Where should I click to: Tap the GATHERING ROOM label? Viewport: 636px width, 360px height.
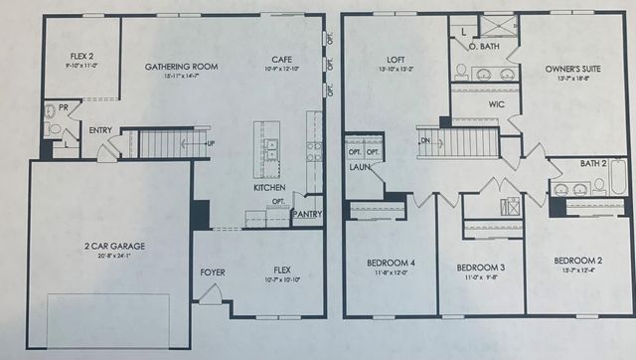pos(182,68)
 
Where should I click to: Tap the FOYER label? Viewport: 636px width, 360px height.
pos(213,270)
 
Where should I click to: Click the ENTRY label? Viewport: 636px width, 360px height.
pos(100,130)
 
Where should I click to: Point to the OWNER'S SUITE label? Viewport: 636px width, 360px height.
pos(569,70)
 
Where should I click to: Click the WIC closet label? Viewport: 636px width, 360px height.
pos(498,103)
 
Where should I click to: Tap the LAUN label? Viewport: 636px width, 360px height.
pos(358,167)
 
